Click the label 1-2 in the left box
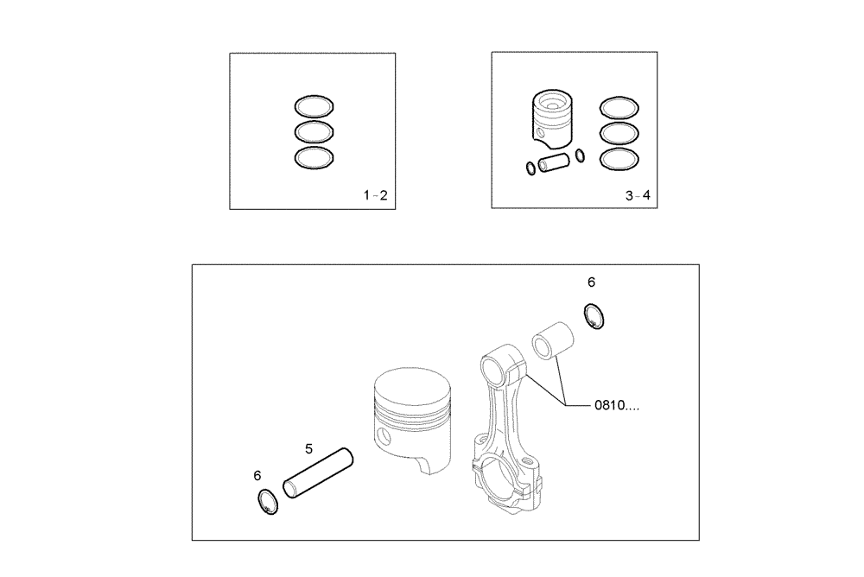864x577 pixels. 375,196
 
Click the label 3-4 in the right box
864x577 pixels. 638,196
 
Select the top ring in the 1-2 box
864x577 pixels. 314,107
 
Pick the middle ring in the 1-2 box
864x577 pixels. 314,132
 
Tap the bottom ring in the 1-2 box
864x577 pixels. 314,158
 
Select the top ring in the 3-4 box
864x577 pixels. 620,107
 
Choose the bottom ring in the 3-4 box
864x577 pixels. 620,158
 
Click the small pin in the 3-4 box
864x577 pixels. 553,162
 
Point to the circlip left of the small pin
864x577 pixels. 529,168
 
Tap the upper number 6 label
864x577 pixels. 591,282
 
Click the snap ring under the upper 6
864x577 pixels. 594,316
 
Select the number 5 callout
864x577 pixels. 308,448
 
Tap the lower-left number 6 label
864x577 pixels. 257,475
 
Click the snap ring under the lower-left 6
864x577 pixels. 269,503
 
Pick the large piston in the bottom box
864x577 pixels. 411,415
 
